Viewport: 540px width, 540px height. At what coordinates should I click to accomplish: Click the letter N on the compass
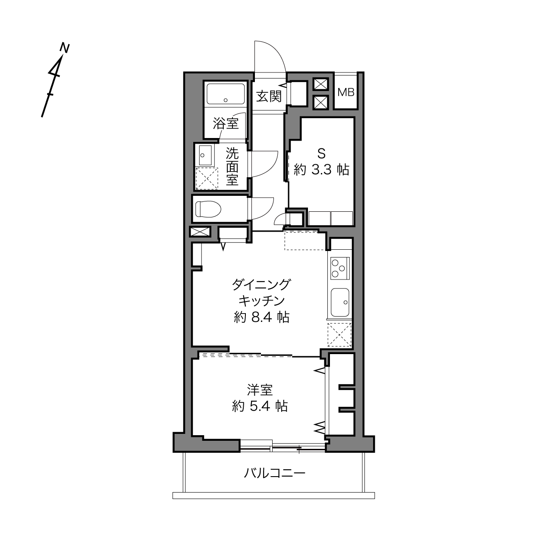(65, 48)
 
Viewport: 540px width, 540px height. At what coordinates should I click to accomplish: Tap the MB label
(346, 92)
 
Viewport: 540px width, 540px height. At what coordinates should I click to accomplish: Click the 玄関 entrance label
(269, 97)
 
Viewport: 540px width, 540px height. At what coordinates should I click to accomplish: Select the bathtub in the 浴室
(226, 94)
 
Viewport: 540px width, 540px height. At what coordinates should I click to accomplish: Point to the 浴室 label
(226, 123)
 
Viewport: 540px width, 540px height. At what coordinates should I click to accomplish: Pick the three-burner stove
(340, 268)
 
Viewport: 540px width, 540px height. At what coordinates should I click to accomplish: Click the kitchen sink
(340, 302)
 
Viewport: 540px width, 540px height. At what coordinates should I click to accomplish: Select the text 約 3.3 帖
(321, 170)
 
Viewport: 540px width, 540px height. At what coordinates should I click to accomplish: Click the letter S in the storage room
(321, 154)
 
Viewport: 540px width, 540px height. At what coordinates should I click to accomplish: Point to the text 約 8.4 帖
(261, 317)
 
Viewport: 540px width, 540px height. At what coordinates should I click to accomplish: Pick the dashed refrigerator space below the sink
(339, 335)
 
